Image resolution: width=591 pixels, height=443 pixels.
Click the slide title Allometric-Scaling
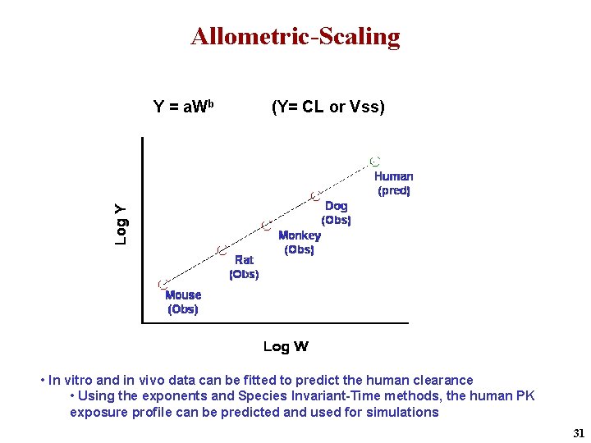[x=295, y=37]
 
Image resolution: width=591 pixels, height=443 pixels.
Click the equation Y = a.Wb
[x=184, y=107]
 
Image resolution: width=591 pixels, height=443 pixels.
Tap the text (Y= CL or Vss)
[x=328, y=107]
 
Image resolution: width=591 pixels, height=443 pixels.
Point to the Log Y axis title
[x=121, y=224]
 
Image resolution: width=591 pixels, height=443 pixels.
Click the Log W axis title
[x=286, y=346]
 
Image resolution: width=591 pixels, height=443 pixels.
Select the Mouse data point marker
[x=163, y=283]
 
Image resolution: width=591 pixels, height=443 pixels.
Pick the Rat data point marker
[x=220, y=249]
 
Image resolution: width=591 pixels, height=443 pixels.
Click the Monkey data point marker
[x=265, y=224]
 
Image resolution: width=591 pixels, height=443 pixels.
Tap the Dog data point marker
[x=314, y=195]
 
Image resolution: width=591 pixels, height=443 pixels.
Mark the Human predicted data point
[x=374, y=161]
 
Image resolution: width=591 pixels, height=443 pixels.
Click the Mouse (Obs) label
[x=183, y=302]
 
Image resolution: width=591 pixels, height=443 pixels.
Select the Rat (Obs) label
[x=244, y=267]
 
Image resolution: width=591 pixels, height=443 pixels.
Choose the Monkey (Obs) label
[x=300, y=242]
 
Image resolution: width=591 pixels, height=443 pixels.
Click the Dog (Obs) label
[x=337, y=212]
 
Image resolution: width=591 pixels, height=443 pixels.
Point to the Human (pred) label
[x=394, y=183]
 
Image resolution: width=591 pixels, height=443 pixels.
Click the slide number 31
[x=578, y=432]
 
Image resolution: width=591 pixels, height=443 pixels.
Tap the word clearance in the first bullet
[x=443, y=380]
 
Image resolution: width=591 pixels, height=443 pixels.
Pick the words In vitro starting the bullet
[x=71, y=380]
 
